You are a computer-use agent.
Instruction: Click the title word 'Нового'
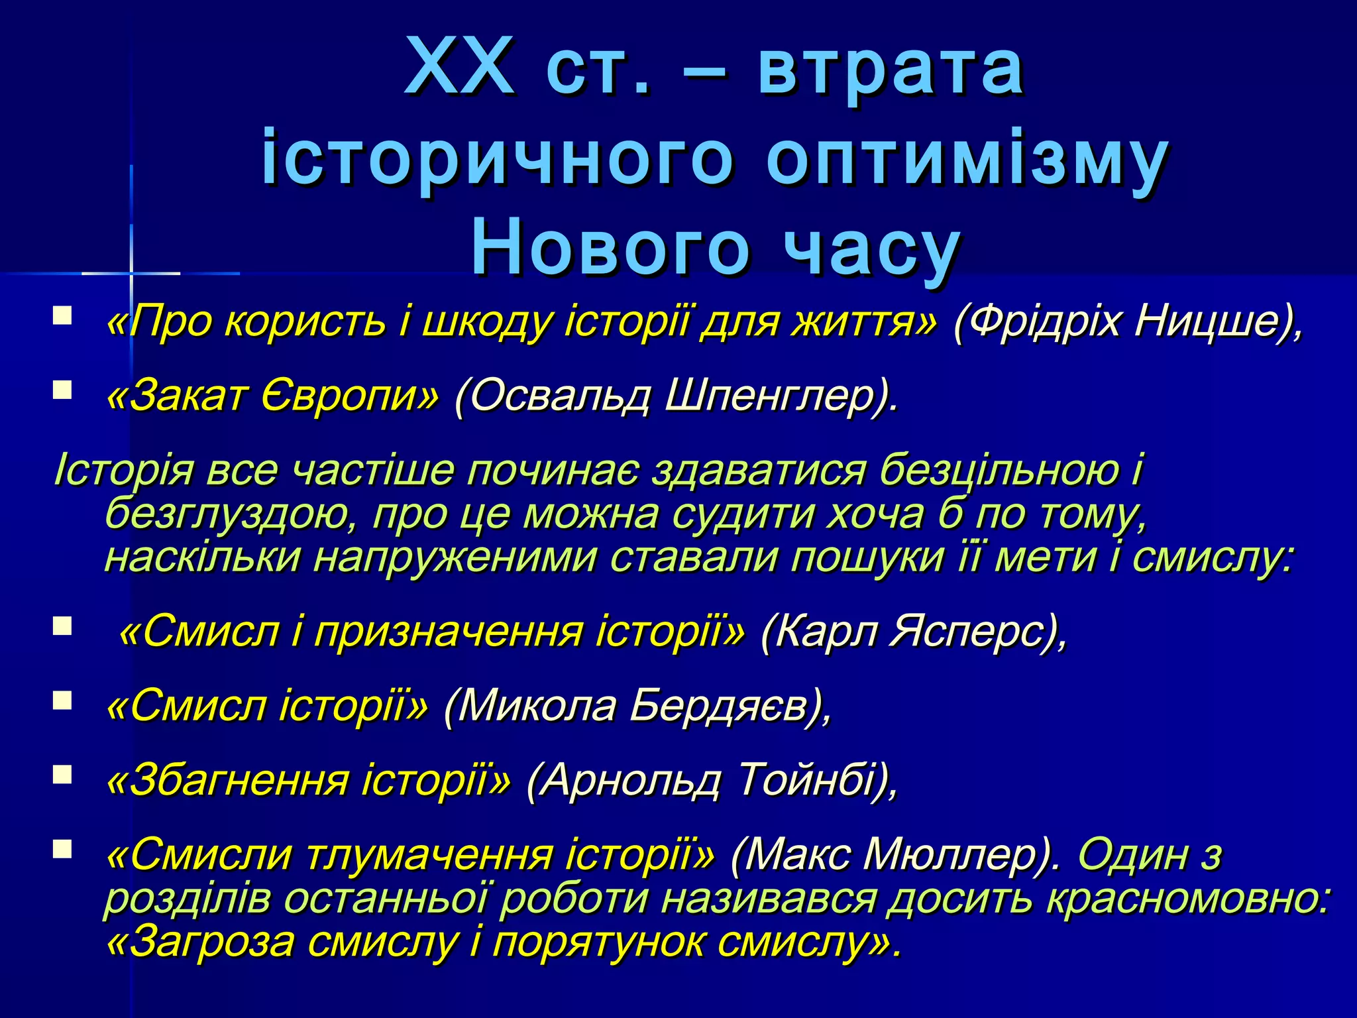(x=610, y=249)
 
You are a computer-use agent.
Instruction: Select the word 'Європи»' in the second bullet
(x=349, y=396)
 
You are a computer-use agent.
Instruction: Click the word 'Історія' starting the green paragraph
(x=123, y=470)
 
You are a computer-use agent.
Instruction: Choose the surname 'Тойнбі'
(x=805, y=780)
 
